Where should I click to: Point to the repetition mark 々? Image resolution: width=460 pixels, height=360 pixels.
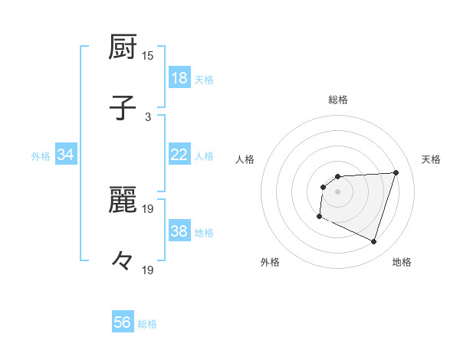(x=123, y=261)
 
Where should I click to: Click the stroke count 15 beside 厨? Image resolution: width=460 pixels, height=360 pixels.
(x=148, y=56)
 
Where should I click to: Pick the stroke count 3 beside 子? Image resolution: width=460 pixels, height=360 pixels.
(x=148, y=116)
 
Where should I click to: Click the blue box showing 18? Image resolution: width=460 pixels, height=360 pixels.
(x=179, y=79)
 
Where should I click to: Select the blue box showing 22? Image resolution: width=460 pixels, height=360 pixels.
(x=179, y=155)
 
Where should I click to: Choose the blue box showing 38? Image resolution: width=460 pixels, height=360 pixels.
(x=179, y=232)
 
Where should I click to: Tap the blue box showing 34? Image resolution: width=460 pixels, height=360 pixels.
(x=66, y=155)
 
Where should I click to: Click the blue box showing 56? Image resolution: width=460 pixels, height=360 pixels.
(x=123, y=322)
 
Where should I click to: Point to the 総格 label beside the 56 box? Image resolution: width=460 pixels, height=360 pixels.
(x=148, y=324)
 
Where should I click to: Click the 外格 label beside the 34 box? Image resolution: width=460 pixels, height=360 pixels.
(x=41, y=156)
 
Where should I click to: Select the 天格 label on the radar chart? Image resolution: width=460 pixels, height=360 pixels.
(x=432, y=159)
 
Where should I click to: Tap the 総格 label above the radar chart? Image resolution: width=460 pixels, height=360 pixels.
(x=338, y=100)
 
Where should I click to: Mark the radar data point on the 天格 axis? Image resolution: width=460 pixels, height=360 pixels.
(x=396, y=172)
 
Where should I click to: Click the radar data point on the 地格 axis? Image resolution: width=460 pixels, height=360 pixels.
(x=373, y=241)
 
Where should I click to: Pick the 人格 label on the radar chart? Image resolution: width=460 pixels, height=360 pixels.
(x=245, y=159)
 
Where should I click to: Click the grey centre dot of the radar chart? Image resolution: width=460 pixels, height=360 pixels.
(x=337, y=191)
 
